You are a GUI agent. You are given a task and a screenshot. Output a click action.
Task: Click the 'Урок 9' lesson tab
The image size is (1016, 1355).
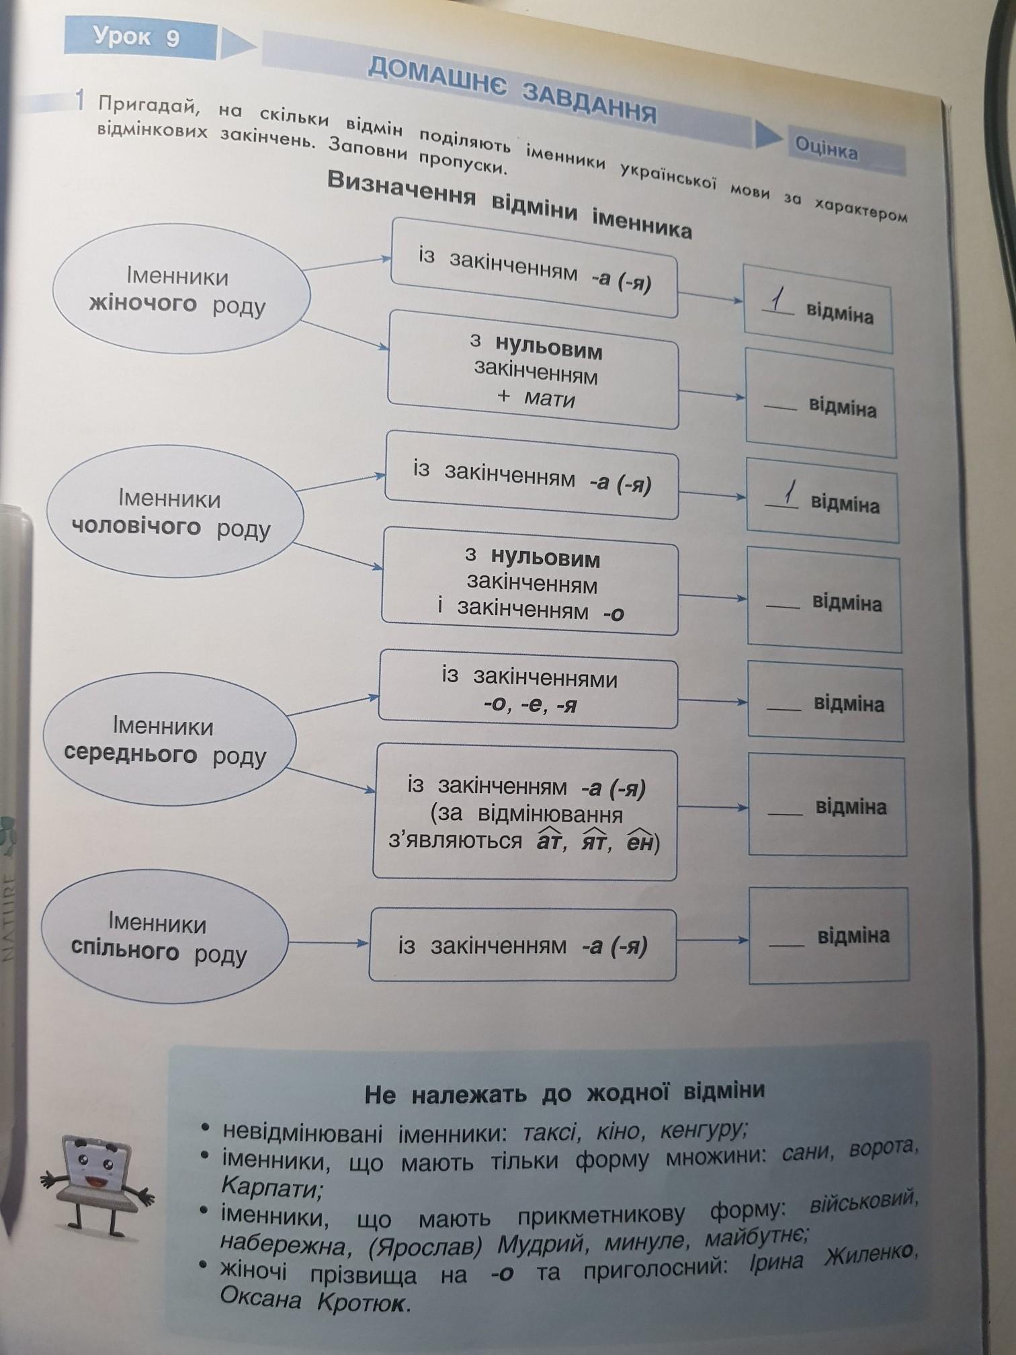click(138, 38)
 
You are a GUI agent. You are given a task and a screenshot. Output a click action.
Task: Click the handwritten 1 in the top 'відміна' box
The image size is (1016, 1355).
click(778, 300)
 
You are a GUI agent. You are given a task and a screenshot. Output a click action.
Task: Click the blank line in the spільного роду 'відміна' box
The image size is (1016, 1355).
click(786, 945)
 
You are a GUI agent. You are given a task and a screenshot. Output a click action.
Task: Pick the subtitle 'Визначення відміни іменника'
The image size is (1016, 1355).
click(509, 204)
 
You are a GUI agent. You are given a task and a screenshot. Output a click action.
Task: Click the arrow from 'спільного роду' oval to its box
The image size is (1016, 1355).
click(329, 942)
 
